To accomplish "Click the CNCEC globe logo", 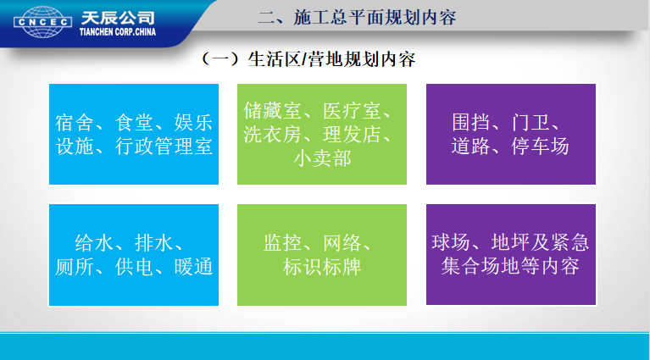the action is [x=42, y=21].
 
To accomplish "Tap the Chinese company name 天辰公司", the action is [x=118, y=18].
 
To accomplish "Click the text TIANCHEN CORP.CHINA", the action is [x=118, y=32].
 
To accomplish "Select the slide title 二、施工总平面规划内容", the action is [x=357, y=18].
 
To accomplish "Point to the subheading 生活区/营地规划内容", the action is [x=331, y=59].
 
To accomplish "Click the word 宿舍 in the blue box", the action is [x=75, y=123].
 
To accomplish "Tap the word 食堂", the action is [x=134, y=123].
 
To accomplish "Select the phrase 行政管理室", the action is [x=164, y=147].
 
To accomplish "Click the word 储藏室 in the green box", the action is [x=272, y=111].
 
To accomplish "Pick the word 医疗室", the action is [x=352, y=111].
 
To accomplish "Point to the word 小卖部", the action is [x=322, y=158].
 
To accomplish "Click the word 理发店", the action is [x=352, y=134].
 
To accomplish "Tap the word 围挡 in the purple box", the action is [x=471, y=123].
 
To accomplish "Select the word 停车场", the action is [x=540, y=147].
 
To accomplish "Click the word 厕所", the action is [x=75, y=266].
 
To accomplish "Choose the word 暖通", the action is [x=193, y=266].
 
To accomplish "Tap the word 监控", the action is [x=282, y=243].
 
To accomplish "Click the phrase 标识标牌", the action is [x=322, y=266].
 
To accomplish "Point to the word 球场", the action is [x=451, y=242].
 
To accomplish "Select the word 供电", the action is [x=134, y=266].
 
